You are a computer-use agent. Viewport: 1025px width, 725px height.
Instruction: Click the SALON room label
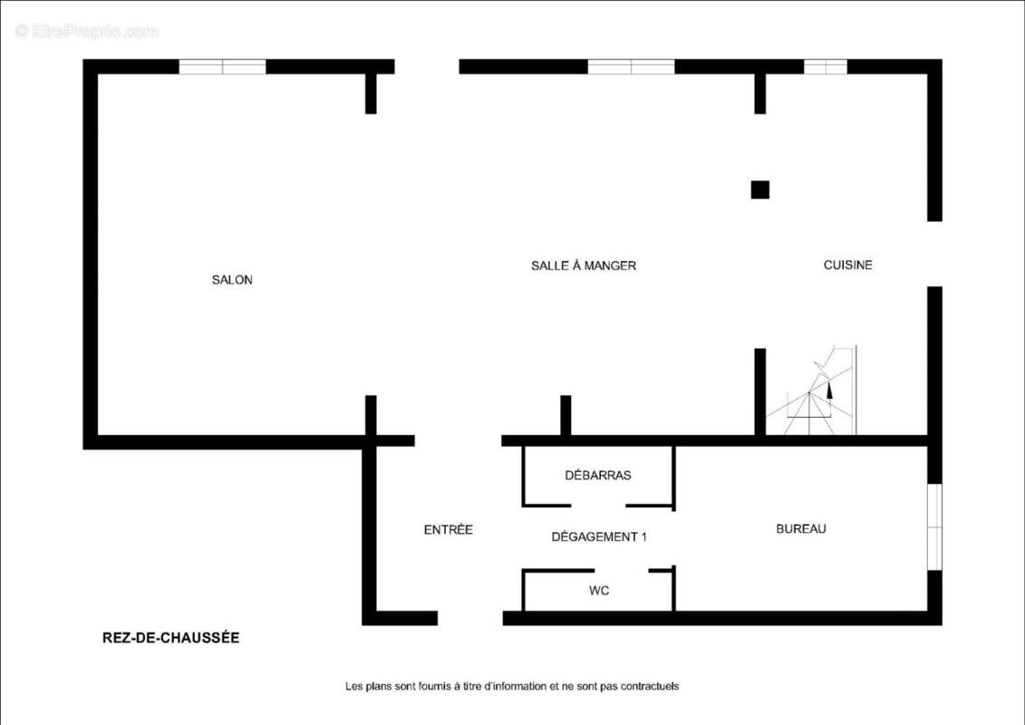pos(232,280)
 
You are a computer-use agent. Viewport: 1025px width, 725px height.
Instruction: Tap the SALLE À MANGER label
pos(583,266)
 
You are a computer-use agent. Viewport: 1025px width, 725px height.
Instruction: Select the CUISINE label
pos(848,265)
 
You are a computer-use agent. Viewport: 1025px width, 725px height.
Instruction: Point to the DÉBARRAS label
pos(598,475)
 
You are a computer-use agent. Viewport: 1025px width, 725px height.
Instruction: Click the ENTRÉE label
pos(449,529)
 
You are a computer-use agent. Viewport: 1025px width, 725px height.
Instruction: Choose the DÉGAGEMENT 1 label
pos(599,536)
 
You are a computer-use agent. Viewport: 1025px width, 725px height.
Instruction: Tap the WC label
pos(599,591)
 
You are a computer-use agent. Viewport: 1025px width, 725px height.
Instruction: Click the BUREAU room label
pos(801,529)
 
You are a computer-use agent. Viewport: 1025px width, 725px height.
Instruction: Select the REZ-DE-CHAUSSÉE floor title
pos(170,637)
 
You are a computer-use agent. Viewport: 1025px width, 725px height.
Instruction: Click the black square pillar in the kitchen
pos(759,189)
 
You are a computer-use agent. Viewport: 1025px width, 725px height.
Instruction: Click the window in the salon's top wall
pos(222,67)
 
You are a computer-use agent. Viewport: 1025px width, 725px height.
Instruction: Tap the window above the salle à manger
pos(631,67)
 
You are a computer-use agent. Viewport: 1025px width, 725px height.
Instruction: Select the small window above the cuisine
pos(825,67)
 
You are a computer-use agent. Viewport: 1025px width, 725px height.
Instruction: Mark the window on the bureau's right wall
pos(934,527)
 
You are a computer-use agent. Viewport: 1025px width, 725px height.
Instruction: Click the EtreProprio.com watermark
pos(86,31)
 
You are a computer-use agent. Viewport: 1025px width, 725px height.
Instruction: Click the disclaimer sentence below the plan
pos(512,686)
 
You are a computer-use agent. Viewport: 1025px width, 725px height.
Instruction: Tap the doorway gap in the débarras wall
pos(598,506)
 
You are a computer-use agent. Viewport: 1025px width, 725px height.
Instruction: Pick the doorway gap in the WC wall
pos(621,571)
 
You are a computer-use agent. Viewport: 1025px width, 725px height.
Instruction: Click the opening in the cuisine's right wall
pos(934,254)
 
